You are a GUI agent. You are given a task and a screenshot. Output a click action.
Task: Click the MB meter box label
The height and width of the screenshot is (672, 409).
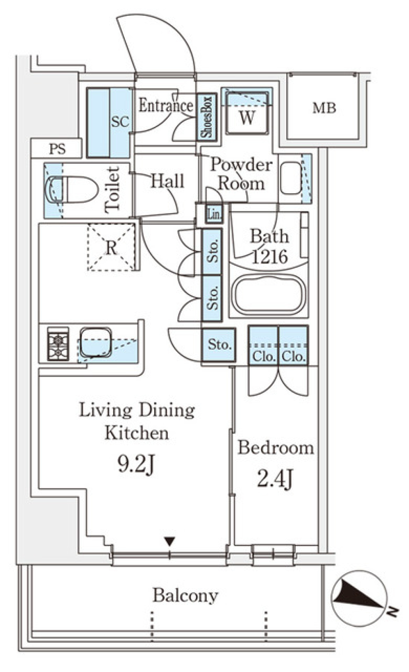324,108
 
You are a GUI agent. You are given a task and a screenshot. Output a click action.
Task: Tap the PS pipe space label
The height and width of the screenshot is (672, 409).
57,149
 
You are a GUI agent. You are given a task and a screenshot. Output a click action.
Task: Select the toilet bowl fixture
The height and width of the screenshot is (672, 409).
72,189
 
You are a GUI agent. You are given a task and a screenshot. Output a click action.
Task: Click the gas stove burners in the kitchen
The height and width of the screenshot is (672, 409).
58,344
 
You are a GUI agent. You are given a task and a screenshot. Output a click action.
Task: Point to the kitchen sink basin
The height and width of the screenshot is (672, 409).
96,342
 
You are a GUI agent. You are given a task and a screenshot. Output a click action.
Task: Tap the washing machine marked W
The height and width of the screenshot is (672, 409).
247,113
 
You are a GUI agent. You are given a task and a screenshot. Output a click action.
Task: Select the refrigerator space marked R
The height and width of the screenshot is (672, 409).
112,247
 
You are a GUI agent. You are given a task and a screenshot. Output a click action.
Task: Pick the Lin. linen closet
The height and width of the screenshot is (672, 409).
214,214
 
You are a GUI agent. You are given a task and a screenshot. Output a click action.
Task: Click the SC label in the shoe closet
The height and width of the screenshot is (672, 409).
120,122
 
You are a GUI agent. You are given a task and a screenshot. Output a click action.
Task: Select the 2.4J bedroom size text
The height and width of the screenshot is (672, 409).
274,480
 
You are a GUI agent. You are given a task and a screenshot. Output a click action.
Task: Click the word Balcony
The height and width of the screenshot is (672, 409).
185,595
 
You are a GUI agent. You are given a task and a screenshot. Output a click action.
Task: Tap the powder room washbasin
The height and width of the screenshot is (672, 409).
291,178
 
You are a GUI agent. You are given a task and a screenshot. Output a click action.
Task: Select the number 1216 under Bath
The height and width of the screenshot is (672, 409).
270,257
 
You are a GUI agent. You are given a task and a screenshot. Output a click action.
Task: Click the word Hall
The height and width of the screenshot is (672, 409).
167,181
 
